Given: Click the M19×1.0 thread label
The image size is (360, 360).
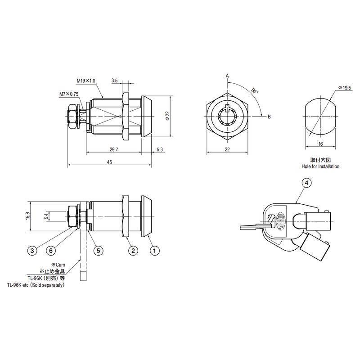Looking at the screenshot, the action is coord(86,81).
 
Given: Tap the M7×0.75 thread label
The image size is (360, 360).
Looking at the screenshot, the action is coord(69,94).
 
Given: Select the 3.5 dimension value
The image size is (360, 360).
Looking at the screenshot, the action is coord(115,81).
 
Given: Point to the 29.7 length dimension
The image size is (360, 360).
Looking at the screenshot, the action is coord(114,149).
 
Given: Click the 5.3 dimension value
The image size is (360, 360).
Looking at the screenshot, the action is coord(160,149).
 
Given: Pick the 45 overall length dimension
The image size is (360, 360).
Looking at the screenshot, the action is coord(109,162).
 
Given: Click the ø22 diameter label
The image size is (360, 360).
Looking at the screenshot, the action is coord(167,116).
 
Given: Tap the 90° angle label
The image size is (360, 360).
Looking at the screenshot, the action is coord(254,90).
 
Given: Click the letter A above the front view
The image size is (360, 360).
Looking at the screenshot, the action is coord(227,76).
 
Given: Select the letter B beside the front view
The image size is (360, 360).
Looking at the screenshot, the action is coord(269,117).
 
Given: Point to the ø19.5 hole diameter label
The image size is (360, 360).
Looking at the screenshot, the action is coord(345,88).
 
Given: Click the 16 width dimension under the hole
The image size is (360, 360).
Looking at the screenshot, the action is coord(320,144).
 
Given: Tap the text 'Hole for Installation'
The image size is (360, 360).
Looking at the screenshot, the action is coord(320,166).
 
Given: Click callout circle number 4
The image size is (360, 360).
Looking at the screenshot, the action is coord(307,183).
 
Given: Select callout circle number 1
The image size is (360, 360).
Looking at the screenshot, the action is coord(154,250).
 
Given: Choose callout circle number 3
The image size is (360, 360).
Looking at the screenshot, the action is coord(32,250).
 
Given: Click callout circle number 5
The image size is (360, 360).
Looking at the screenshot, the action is coord(98,250).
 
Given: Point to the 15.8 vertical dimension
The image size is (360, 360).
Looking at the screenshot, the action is coord(28,216).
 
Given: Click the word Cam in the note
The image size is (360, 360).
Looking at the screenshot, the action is coord(60,265).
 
